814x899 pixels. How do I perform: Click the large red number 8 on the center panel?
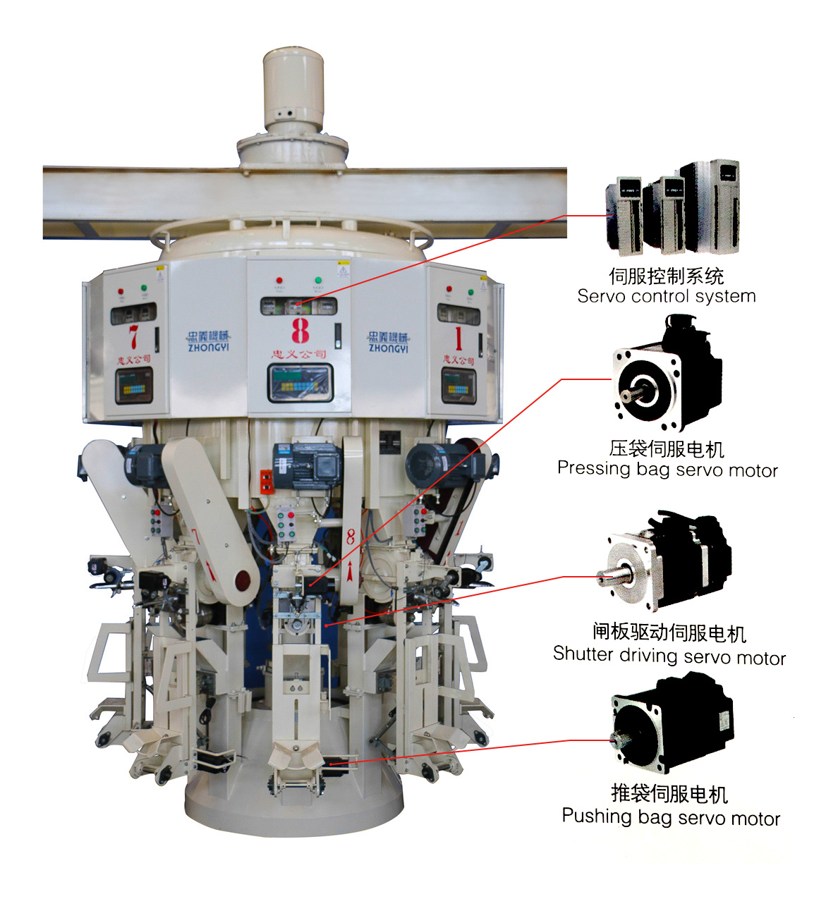(x=300, y=330)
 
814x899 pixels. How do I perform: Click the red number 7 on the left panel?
(x=133, y=336)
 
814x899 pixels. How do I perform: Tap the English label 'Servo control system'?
(x=666, y=296)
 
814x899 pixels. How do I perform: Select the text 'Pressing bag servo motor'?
(x=667, y=469)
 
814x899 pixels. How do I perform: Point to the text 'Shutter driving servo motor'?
(x=669, y=656)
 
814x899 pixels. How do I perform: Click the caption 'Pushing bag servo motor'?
(x=671, y=817)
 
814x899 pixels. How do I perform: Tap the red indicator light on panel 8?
(x=279, y=281)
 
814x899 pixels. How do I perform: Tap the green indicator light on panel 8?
(x=318, y=281)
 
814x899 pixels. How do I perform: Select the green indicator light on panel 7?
(x=145, y=288)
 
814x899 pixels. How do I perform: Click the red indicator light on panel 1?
(x=449, y=288)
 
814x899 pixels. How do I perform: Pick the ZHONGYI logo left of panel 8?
(x=209, y=341)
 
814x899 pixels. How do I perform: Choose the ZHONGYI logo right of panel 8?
(x=388, y=342)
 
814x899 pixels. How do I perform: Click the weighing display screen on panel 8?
(x=299, y=384)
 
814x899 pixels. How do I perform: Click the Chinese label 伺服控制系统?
(x=666, y=276)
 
